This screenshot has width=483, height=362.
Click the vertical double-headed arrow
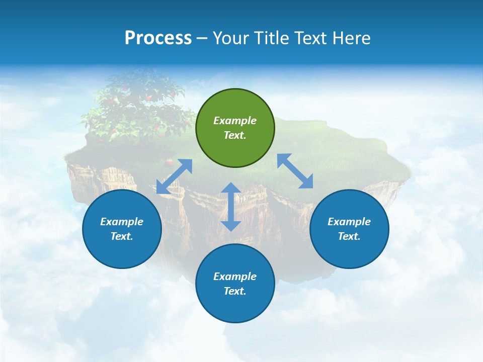click(x=231, y=207)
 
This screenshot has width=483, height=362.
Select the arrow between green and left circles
click(x=174, y=176)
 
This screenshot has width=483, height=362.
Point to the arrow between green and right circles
click(x=295, y=171)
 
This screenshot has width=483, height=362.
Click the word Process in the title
click(x=158, y=38)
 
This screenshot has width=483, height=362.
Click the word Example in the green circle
click(x=235, y=121)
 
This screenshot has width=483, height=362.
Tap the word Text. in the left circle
click(x=122, y=236)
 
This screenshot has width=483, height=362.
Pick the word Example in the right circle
click(x=349, y=222)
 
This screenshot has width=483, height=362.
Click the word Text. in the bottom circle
click(x=235, y=291)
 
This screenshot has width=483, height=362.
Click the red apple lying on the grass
click(x=170, y=162)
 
